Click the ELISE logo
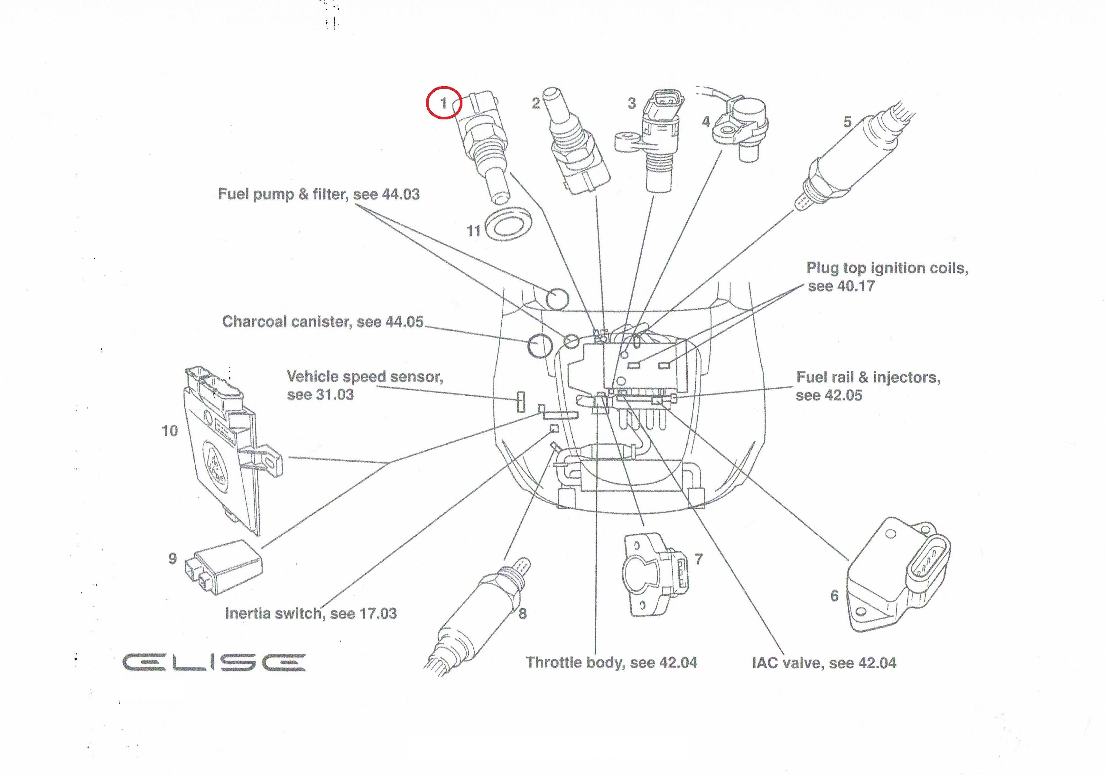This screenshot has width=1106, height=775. pyautogui.click(x=214, y=662)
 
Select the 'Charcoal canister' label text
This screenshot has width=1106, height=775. pyautogui.click(x=322, y=322)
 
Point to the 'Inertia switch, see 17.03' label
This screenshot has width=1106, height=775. pyautogui.click(x=311, y=614)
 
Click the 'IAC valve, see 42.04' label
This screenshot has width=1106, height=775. pyautogui.click(x=824, y=663)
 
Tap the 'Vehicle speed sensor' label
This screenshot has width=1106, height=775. pyautogui.click(x=365, y=385)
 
